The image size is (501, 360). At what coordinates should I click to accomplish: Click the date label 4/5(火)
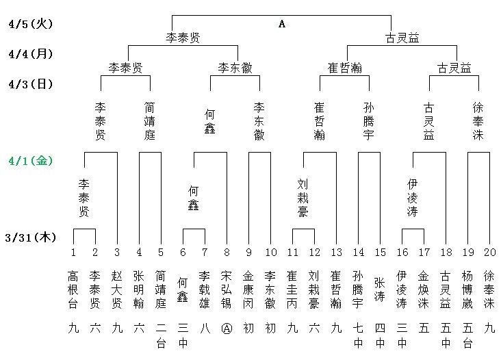point(31,24)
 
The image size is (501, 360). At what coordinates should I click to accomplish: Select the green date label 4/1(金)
point(31,161)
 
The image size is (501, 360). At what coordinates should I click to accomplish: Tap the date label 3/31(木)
point(31,237)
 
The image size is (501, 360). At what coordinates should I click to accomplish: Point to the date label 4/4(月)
point(31,54)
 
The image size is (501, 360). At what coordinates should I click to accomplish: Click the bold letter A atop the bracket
point(282,24)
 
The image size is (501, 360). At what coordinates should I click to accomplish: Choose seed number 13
point(337,253)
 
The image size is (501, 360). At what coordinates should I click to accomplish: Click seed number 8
point(227,253)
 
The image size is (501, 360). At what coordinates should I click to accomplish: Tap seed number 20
point(489,253)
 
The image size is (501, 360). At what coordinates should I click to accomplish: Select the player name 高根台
point(73,290)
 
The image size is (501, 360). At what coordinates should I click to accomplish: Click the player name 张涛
point(380,290)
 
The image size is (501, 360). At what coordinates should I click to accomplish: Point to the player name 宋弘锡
point(227,290)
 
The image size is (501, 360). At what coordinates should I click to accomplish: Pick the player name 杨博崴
point(467,290)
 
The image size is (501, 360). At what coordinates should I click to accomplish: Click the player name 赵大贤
point(117,290)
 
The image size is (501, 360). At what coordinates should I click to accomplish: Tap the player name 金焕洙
point(424,290)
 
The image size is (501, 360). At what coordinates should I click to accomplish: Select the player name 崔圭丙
point(292,290)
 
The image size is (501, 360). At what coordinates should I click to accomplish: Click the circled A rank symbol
point(227,329)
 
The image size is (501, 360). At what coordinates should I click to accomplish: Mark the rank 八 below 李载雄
point(205,329)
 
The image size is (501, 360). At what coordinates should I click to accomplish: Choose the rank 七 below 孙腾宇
point(358,329)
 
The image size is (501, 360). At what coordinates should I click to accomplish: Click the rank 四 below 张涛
point(380,329)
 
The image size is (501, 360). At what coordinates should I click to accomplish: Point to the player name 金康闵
point(248,290)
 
